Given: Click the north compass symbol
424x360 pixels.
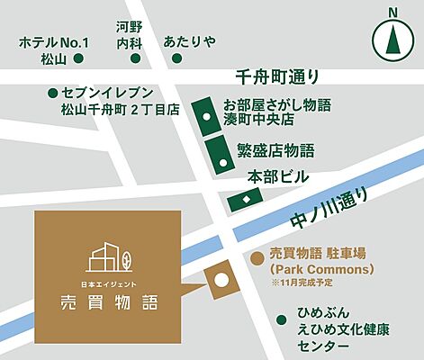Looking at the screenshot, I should click(392, 37).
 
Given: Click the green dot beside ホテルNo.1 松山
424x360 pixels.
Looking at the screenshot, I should click(79, 58).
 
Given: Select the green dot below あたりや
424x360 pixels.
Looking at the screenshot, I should click(177, 58).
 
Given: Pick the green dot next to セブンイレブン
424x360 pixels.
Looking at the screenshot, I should click(53, 92).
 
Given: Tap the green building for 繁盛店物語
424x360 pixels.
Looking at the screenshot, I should click(221, 154).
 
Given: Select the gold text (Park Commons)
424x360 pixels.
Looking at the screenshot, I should click(310, 269).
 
